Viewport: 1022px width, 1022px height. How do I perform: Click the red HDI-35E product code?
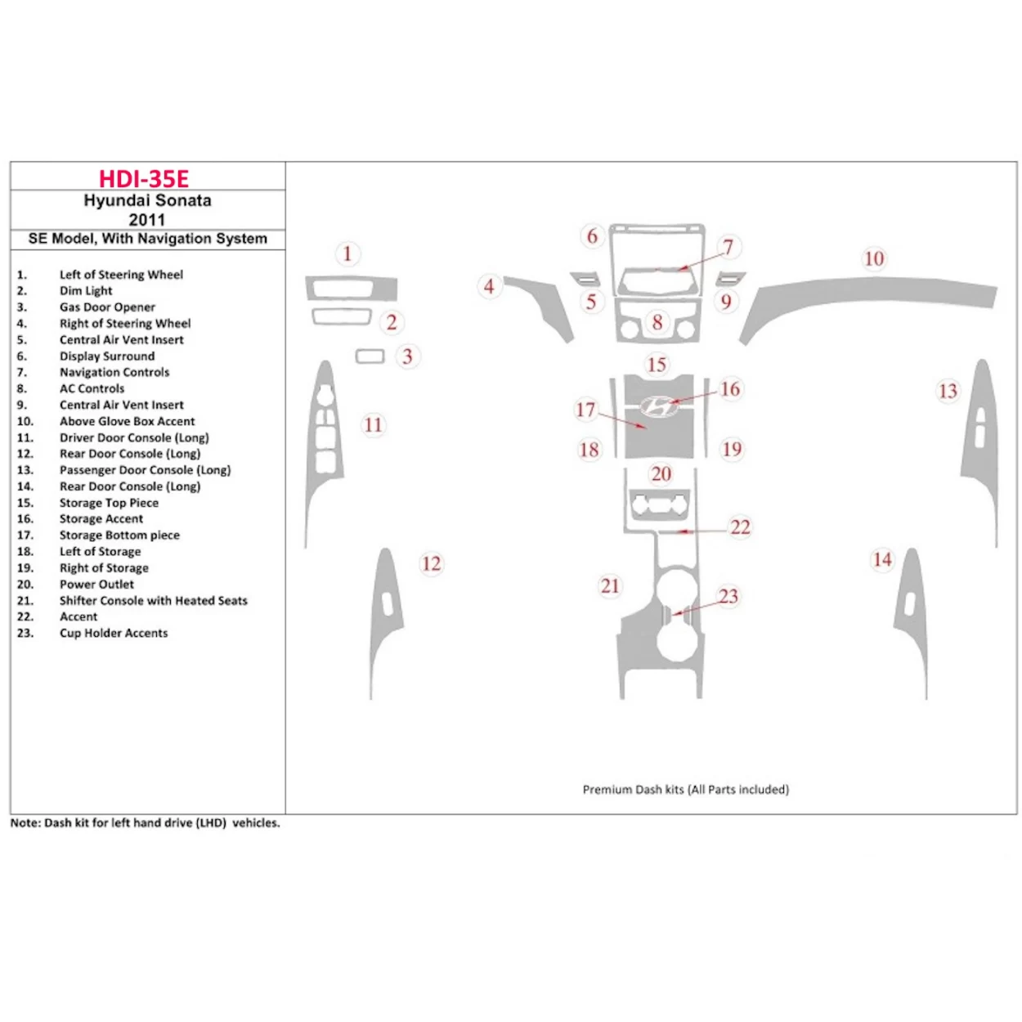point(144,178)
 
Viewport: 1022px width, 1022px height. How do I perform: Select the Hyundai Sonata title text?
point(147,200)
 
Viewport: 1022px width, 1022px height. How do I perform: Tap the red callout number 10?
point(873,259)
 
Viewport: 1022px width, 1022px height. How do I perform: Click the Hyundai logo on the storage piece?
point(659,406)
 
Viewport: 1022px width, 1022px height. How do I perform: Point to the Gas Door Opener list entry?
point(106,307)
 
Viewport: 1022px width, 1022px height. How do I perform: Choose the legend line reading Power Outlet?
point(96,585)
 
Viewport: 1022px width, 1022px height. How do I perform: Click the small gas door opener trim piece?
point(370,356)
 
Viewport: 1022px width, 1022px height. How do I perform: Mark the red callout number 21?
point(610,586)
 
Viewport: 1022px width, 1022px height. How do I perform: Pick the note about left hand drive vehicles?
point(145,823)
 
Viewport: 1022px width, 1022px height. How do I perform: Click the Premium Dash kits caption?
point(685,790)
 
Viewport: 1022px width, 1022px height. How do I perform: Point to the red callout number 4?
point(488,286)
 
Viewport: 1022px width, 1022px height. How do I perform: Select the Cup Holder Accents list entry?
point(113,634)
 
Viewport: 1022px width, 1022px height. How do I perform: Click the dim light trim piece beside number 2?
point(340,316)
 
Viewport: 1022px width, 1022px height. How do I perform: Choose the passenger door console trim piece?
point(981,433)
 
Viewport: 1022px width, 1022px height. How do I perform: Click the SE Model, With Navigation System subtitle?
point(147,239)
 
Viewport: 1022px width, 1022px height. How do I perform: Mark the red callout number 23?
point(728,597)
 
